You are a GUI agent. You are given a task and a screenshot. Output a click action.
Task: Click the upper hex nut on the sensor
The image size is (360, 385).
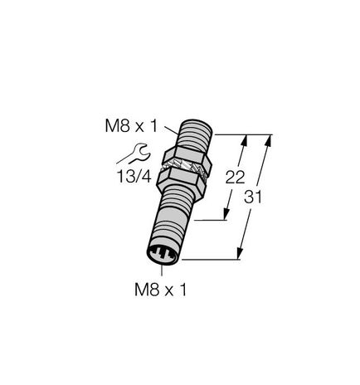click(190, 154)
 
